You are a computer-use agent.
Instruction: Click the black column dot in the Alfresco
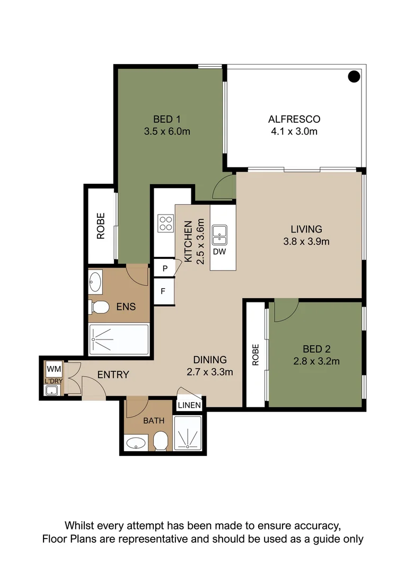pos(354,76)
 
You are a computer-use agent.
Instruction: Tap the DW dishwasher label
pos(219,252)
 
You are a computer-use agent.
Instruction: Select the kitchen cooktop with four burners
pos(165,224)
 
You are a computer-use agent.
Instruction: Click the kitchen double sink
pos(219,235)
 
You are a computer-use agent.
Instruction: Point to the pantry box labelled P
pos(165,268)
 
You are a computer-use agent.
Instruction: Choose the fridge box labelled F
pos(164,291)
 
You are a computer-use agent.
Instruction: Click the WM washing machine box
pos(54,369)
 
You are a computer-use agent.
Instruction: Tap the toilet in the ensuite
pos(99,307)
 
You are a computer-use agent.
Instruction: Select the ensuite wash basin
pos(95,281)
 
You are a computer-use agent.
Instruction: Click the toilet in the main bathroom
pos(160,441)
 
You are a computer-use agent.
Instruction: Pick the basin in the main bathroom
pos(136,443)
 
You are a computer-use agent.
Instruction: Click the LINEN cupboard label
pos(189,405)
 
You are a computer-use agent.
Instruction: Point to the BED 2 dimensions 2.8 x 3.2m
pos(316,362)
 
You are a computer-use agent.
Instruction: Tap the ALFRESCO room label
pos(294,119)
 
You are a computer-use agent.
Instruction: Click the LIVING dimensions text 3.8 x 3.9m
pos(306,242)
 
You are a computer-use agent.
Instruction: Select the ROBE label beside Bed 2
pos(256,354)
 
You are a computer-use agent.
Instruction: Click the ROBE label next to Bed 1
pos(100,226)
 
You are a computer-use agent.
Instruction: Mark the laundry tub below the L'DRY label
pos(51,390)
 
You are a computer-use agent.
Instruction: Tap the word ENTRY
pos(113,374)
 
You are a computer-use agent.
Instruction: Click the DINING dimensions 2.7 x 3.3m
pos(209,372)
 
